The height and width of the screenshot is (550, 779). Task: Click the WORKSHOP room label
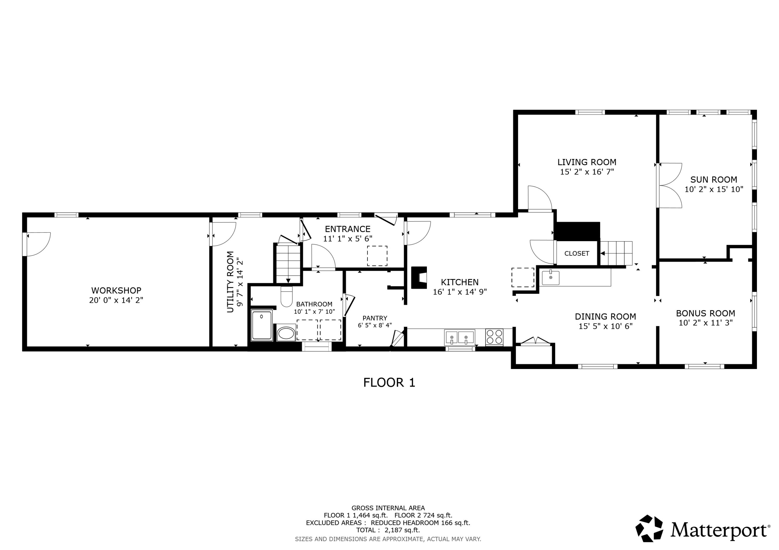click(x=116, y=290)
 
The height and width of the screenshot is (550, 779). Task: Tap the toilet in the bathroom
click(x=286, y=297)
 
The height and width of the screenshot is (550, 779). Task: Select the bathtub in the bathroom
click(x=261, y=325)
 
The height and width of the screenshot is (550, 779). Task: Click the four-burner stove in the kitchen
click(x=494, y=337)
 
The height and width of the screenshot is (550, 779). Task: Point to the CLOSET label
click(x=576, y=254)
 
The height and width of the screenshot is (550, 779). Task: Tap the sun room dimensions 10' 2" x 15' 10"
click(x=714, y=190)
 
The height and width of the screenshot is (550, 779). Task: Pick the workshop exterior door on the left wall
click(x=37, y=244)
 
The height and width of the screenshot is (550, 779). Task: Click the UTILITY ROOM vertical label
click(x=230, y=282)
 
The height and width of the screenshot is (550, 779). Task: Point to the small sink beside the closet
click(x=550, y=277)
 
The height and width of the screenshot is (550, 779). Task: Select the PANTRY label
click(x=375, y=318)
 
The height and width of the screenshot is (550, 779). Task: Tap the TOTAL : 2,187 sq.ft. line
click(x=388, y=530)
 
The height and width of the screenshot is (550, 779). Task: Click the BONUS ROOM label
click(x=705, y=313)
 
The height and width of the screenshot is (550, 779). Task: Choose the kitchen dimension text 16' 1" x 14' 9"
click(x=459, y=292)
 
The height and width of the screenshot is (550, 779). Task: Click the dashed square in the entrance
click(x=377, y=256)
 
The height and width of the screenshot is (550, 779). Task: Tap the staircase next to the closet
click(x=616, y=253)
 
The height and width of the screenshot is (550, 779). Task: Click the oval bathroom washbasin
click(x=286, y=333)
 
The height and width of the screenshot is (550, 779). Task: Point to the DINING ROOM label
click(x=605, y=317)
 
